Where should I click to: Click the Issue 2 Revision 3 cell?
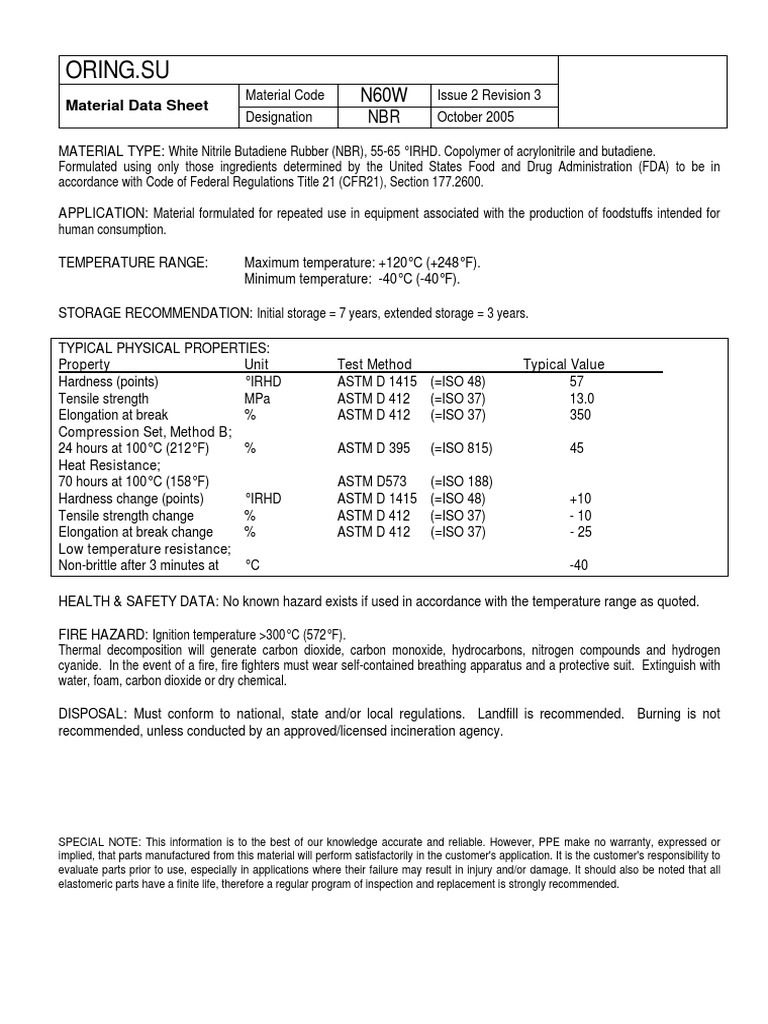(x=488, y=95)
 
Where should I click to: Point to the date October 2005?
(x=476, y=117)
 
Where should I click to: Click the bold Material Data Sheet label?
(x=137, y=106)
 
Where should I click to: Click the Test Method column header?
(x=374, y=365)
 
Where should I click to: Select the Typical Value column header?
(x=564, y=365)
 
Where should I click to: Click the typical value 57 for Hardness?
(x=576, y=382)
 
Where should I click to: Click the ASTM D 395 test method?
(x=376, y=449)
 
